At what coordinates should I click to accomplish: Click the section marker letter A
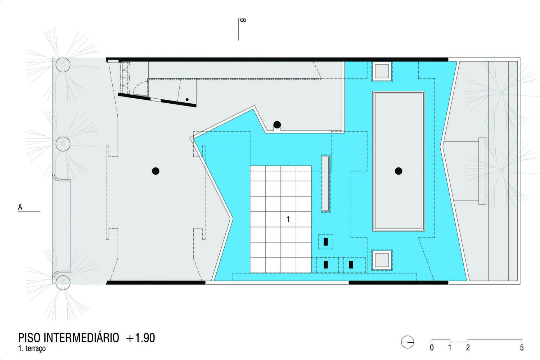pyautogui.click(x=20, y=207)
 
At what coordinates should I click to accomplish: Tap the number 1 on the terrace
pyautogui.click(x=288, y=219)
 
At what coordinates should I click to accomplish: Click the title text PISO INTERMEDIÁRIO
pyautogui.click(x=68, y=338)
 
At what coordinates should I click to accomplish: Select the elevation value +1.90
pyautogui.click(x=140, y=338)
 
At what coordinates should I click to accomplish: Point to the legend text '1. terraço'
pyautogui.click(x=32, y=349)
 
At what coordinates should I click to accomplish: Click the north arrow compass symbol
pyautogui.click(x=408, y=342)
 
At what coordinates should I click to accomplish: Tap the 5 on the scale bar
pyautogui.click(x=522, y=348)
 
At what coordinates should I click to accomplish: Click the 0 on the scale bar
pyautogui.click(x=432, y=348)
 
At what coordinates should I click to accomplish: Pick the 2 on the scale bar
pyautogui.click(x=468, y=348)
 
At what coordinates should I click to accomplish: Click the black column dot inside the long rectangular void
pyautogui.click(x=398, y=171)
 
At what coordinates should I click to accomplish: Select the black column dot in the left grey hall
pyautogui.click(x=156, y=171)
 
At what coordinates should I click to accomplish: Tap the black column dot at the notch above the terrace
pyautogui.click(x=277, y=125)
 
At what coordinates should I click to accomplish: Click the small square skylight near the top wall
pyautogui.click(x=382, y=71)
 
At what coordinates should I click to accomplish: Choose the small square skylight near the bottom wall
pyautogui.click(x=382, y=260)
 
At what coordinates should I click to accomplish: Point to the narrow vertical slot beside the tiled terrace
pyautogui.click(x=325, y=183)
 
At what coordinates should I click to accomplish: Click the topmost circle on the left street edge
pyautogui.click(x=63, y=65)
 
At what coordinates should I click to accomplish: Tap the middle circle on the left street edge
pyautogui.click(x=63, y=144)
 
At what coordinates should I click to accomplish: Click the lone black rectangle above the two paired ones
pyautogui.click(x=325, y=242)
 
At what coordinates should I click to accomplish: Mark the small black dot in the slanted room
pyautogui.click(x=187, y=99)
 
